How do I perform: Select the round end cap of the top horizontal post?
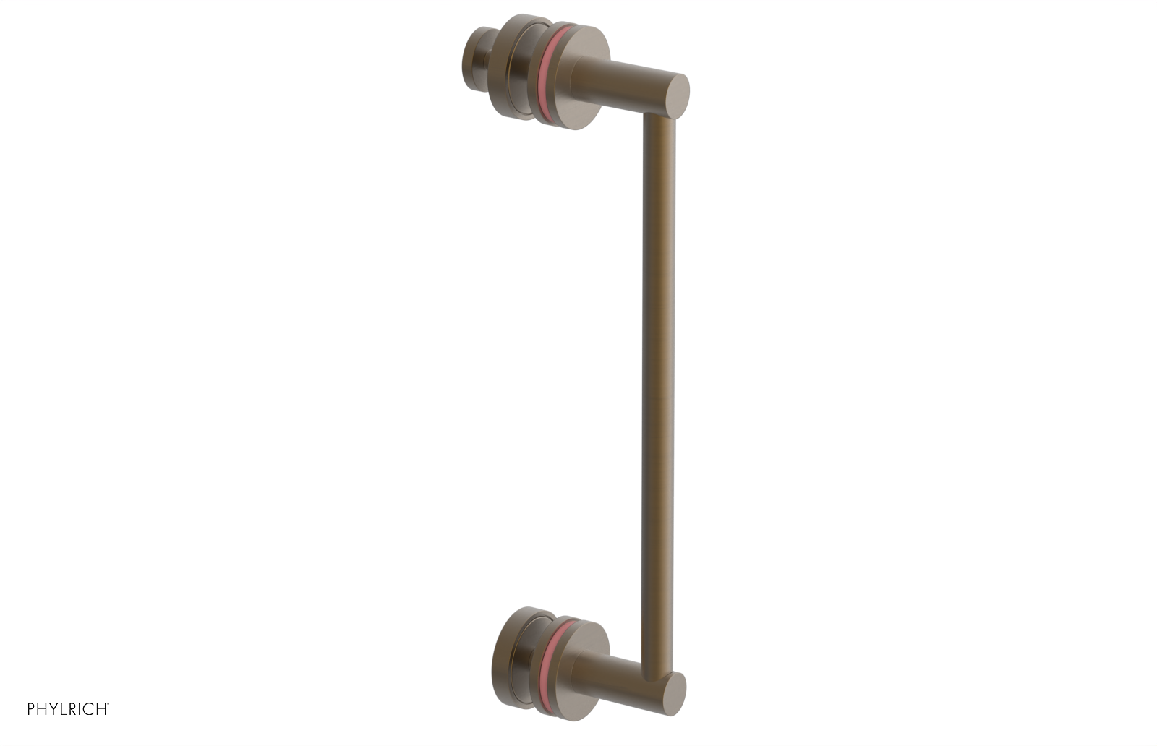[x=677, y=95]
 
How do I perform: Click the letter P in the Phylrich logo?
[x=32, y=710]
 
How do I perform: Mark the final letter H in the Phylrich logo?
[x=102, y=710]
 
